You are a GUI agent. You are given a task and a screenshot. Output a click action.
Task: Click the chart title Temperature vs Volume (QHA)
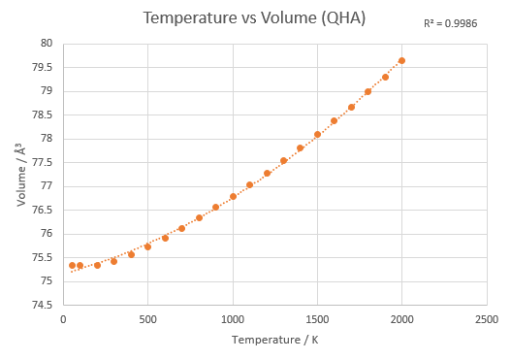(254, 17)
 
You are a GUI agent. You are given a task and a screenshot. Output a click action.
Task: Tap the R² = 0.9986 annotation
(450, 23)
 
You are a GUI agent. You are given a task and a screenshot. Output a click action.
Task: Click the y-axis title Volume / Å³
(21, 175)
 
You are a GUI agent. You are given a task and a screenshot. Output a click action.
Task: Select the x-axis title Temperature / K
(275, 340)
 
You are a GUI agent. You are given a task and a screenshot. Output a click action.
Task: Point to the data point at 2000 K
(401, 61)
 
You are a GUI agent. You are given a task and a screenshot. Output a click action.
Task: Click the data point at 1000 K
(233, 197)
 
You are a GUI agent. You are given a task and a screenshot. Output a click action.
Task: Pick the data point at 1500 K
(317, 134)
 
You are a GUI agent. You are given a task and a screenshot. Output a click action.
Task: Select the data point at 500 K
(147, 247)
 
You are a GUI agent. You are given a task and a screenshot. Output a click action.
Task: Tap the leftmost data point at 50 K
(72, 266)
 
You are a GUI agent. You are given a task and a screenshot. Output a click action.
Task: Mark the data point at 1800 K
(367, 91)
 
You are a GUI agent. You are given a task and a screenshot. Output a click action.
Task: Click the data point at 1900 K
(385, 78)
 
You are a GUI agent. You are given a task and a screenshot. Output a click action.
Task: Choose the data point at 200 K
(97, 266)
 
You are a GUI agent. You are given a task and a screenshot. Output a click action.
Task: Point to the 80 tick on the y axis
(47, 43)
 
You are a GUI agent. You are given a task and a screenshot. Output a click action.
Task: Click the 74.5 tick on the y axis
(42, 306)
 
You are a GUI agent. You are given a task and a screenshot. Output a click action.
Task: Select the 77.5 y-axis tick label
(42, 162)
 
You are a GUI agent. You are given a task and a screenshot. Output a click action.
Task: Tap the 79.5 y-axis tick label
(42, 67)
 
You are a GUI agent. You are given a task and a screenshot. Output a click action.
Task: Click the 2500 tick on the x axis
(487, 319)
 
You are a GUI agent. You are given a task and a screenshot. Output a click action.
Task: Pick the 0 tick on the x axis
(63, 319)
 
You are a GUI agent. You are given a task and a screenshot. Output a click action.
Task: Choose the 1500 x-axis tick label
(317, 319)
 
